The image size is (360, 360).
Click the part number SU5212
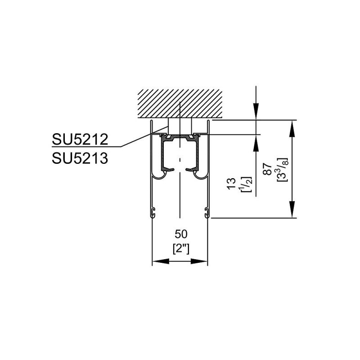click(80, 139)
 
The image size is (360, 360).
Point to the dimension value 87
click(267, 170)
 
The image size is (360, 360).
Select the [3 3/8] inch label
click(282, 169)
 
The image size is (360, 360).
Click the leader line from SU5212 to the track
click(135, 140)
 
